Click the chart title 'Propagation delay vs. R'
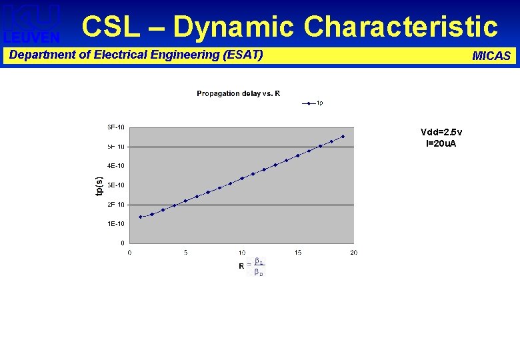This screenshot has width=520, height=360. coord(238,93)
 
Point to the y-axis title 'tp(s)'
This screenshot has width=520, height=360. coord(99,185)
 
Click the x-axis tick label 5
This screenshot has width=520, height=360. coord(186,252)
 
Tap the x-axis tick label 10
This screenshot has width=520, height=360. coord(242,252)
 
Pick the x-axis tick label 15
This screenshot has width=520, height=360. coord(298,252)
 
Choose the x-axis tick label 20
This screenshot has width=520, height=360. coord(354,252)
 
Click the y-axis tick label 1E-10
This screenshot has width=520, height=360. coord(116,223)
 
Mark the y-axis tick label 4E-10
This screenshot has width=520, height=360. coord(116,165)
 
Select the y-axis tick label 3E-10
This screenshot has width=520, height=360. coord(116,185)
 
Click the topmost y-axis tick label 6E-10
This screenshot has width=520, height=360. coord(116,127)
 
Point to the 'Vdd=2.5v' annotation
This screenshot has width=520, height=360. coord(441,132)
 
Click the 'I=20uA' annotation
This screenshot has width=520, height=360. coord(441,143)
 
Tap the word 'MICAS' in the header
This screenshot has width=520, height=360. coord(491,56)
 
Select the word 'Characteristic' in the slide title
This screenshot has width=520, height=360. coord(401,27)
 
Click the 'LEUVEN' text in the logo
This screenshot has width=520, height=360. coord(31,38)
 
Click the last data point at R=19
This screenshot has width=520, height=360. coord(343,137)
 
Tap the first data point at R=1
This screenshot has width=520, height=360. coord(141,217)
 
